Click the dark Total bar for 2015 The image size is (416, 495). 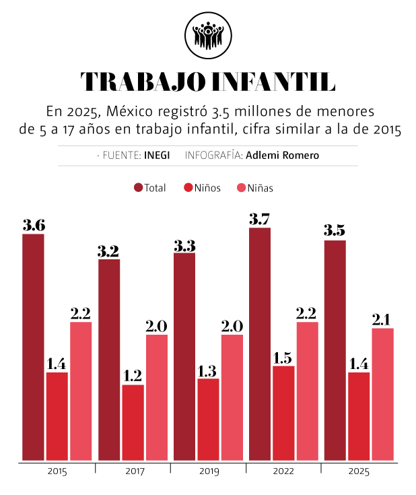pos(33,347)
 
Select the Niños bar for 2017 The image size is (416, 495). pos(133,422)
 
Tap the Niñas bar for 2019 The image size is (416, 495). pos(232,397)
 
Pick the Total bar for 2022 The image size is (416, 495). pos(260,343)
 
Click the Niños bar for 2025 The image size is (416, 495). pos(359,416)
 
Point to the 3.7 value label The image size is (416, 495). pos(259,219)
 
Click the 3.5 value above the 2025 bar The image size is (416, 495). pos(335,230)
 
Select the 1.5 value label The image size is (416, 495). pos(283,358)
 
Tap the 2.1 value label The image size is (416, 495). pos(381,320)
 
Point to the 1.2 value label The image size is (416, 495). pos(133,376)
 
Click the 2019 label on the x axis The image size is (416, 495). pos(209,471)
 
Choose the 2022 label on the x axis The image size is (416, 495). pos(283,471)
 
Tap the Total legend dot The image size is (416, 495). pos(138,187)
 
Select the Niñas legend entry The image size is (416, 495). pos(255,188)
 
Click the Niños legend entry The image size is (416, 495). pos(202,188)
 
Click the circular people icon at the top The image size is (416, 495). pos(208,35)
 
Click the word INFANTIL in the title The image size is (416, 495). pos(273,81)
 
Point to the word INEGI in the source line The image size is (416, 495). pos(157,156)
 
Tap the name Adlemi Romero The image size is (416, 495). pos(283,156)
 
